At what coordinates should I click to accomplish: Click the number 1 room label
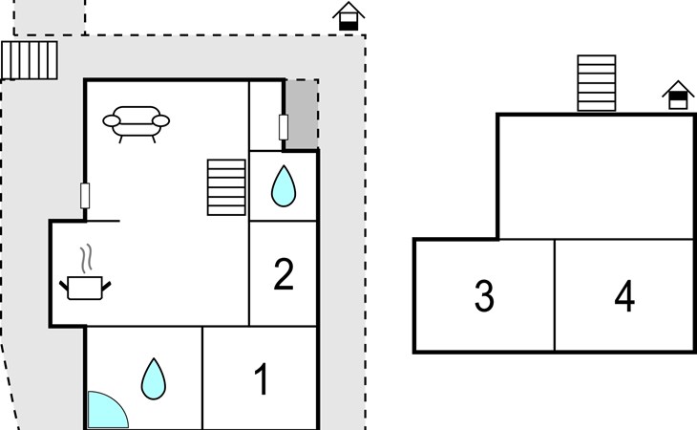click(261, 380)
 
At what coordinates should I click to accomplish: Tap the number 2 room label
click(284, 275)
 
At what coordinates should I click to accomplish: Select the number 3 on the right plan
click(484, 297)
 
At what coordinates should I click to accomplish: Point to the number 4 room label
click(624, 297)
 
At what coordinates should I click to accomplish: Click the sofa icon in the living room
click(136, 122)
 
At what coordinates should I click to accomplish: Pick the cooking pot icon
click(87, 286)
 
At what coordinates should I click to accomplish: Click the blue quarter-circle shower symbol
click(103, 411)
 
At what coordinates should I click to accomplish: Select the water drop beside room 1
click(153, 378)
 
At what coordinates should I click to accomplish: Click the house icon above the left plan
click(349, 16)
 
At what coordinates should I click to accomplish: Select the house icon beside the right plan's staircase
click(678, 95)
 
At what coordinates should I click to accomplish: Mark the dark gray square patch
click(302, 115)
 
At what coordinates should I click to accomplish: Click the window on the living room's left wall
click(86, 196)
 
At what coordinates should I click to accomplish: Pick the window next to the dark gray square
click(283, 127)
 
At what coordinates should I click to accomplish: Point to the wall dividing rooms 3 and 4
click(555, 295)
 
